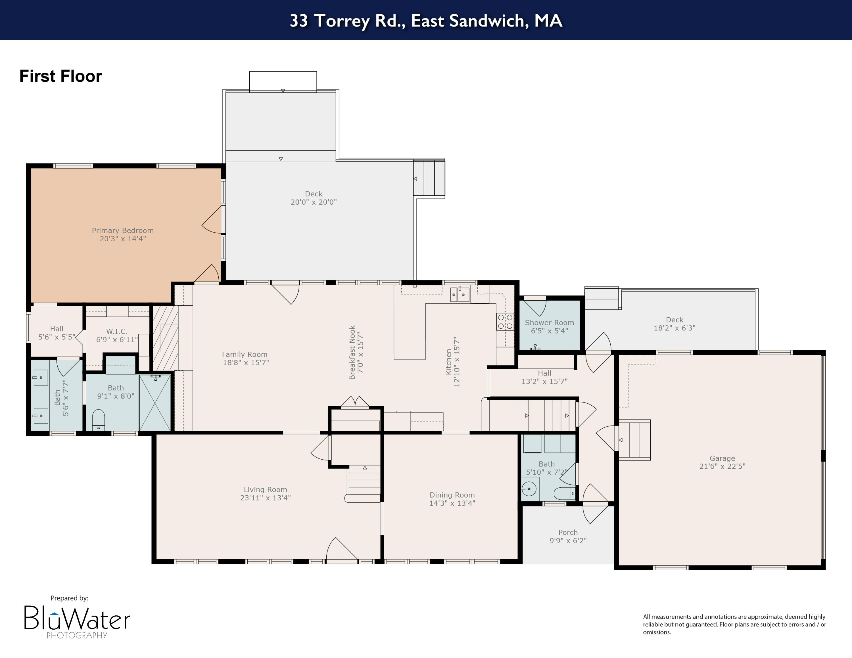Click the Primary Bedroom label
click(x=122, y=230)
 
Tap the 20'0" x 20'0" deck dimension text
click(x=313, y=202)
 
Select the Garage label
click(x=722, y=458)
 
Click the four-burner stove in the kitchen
click(x=505, y=322)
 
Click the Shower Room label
click(x=549, y=322)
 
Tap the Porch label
click(x=568, y=532)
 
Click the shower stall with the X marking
click(x=155, y=403)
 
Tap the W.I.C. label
click(x=117, y=331)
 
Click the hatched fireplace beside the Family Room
click(x=165, y=338)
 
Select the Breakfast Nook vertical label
click(x=352, y=352)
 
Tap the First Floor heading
click(x=60, y=76)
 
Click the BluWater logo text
click(x=77, y=618)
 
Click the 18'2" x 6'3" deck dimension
click(x=674, y=328)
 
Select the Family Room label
click(x=245, y=354)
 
